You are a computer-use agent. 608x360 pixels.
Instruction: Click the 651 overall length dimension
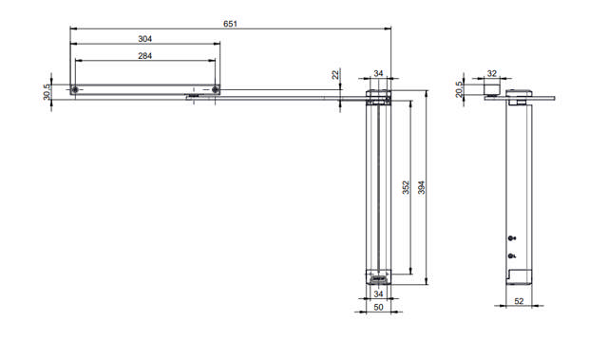231,22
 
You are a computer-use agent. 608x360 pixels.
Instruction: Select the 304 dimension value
144,39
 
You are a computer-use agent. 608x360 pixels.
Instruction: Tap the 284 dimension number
144,56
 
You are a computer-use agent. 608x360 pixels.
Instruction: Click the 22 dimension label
335,74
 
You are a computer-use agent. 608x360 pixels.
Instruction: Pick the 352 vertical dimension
405,188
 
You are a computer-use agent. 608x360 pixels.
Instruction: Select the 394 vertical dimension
422,188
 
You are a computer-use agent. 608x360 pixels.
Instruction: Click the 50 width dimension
378,308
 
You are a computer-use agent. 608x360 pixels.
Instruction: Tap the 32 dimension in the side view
491,72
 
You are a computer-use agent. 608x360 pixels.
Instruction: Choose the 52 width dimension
519,301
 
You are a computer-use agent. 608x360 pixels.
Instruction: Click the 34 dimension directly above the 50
378,294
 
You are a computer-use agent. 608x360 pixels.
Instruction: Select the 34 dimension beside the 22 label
378,73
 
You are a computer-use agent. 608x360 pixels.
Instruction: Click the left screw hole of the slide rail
75,89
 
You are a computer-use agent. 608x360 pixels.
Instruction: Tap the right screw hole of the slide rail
216,89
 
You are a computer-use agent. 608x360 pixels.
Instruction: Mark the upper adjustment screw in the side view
511,237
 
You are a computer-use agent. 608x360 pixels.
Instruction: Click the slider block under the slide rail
194,96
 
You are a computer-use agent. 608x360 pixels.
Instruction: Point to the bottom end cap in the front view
378,278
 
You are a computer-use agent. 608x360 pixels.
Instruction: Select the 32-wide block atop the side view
491,87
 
